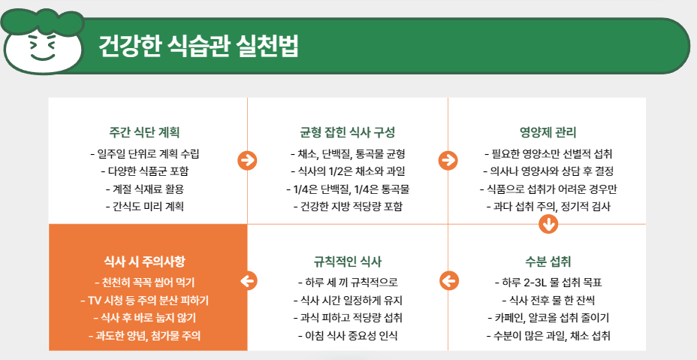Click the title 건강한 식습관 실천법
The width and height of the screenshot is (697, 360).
[198, 46]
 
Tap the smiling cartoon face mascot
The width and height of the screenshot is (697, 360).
[42, 47]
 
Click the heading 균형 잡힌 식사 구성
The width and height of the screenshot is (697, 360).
[348, 132]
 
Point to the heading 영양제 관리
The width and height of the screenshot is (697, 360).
[548, 132]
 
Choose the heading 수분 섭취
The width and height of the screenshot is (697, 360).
[548, 262]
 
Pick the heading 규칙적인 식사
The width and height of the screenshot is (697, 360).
[348, 262]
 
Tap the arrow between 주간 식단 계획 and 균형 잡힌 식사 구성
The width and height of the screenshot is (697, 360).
[247, 160]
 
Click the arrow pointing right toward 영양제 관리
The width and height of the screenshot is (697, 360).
[448, 160]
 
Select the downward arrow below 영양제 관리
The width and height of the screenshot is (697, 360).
[548, 224]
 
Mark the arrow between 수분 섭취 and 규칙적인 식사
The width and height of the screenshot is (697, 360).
[448, 281]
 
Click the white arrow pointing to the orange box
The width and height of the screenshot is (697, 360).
[248, 281]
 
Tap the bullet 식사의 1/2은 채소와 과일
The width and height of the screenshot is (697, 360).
[348, 171]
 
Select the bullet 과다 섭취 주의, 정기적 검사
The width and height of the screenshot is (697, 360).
[548, 205]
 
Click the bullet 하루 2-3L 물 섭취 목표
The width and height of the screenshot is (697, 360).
[548, 283]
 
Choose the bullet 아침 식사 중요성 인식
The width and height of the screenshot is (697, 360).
[348, 334]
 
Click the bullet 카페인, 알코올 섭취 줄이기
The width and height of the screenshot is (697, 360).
[548, 317]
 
